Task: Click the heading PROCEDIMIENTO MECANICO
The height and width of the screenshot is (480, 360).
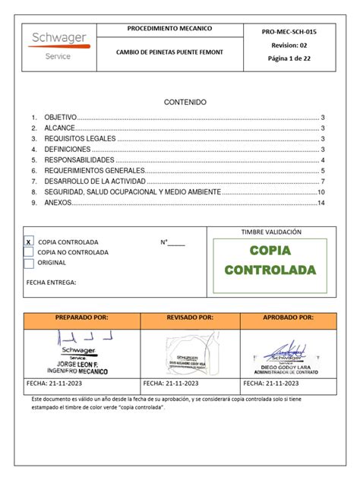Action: tap(169, 29)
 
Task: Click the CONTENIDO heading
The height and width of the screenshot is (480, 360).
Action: tap(185, 102)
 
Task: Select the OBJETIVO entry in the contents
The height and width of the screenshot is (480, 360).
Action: tap(60, 118)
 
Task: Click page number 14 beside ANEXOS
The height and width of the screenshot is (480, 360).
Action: tap(321, 204)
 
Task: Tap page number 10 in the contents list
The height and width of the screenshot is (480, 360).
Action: tap(321, 193)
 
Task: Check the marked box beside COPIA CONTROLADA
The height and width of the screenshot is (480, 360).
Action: tap(29, 242)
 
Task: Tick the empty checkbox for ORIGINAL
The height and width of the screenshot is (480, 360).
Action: tap(29, 264)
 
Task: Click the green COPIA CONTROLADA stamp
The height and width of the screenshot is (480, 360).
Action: tap(270, 261)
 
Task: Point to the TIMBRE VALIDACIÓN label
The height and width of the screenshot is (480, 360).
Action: tap(271, 232)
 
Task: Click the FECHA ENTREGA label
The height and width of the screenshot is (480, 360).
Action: tap(51, 282)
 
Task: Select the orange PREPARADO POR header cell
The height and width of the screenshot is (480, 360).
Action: tap(83, 317)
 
